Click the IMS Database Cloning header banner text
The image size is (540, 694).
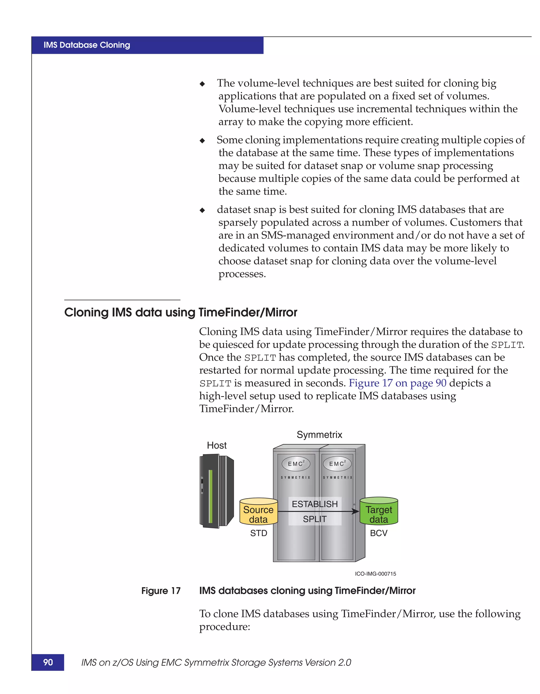coord(87,45)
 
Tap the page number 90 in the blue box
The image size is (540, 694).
coord(48,662)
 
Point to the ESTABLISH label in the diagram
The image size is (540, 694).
coord(315,504)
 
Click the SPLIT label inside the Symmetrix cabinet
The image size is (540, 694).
coord(315,519)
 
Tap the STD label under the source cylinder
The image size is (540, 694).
coord(258,533)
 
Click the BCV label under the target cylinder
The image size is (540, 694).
coord(379,533)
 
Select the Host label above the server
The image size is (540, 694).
coord(217,445)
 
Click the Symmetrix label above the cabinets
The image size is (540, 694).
coord(319,434)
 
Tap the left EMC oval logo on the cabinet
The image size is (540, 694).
coord(296,464)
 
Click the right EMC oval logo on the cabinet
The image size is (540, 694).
coord(337,464)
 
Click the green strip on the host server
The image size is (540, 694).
coord(210,496)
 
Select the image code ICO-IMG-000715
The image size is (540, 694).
coord(375,574)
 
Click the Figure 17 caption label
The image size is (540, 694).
coord(161,591)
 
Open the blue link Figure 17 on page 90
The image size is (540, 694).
coord(397,383)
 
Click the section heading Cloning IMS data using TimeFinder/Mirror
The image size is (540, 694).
coord(181,312)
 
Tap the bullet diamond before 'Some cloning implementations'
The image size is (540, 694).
coord(202,140)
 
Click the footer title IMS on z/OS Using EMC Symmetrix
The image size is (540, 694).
coord(216,662)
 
